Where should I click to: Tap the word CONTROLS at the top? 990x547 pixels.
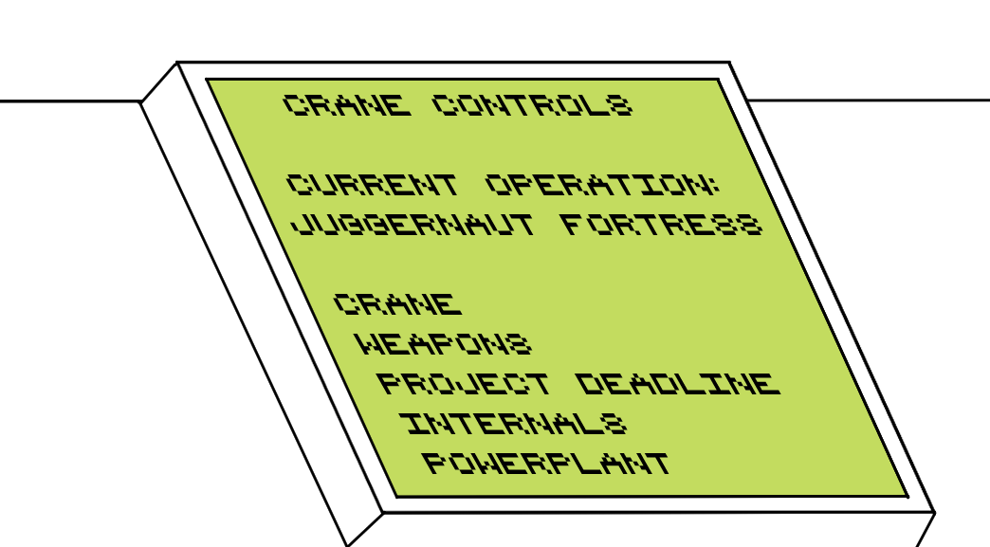(532, 105)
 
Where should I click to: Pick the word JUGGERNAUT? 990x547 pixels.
(412, 226)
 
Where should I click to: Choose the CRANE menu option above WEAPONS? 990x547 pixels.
(398, 304)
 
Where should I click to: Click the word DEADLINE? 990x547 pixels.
(679, 384)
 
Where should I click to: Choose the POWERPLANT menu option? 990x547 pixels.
(546, 464)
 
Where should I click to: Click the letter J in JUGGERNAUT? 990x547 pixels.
(297, 226)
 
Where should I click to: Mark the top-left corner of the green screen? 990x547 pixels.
(209, 80)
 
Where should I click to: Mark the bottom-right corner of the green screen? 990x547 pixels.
(907, 495)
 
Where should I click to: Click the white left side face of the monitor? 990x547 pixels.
(256, 303)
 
